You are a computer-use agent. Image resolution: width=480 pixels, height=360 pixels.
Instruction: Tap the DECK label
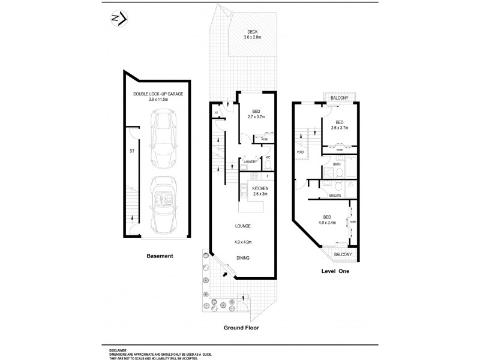(x=245, y=32)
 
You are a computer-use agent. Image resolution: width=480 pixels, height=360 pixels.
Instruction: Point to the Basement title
(x=160, y=256)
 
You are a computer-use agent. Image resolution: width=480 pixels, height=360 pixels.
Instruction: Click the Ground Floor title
(x=242, y=328)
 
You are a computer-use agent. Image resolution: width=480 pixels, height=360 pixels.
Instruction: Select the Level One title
(x=334, y=271)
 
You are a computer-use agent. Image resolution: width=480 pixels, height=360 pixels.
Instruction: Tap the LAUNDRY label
(x=250, y=161)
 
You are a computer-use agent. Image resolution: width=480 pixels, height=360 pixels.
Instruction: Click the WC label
(x=268, y=157)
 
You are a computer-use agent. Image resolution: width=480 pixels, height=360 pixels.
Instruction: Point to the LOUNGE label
(x=243, y=226)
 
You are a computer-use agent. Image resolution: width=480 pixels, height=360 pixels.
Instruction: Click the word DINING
(x=243, y=258)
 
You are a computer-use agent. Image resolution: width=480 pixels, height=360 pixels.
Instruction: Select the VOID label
(x=300, y=152)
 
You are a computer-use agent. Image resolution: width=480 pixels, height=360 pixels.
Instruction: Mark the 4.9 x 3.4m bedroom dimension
(x=326, y=223)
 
